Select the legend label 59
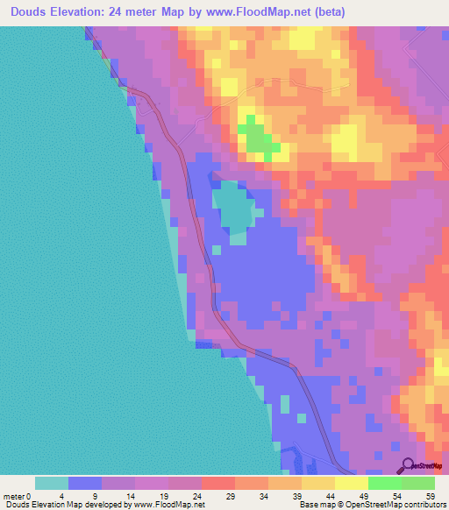pyautogui.click(x=430, y=495)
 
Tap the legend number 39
pyautogui.click(x=297, y=495)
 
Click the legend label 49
pyautogui.click(x=364, y=495)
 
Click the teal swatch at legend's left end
pyautogui.click(x=52, y=483)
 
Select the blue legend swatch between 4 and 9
pyautogui.click(x=85, y=483)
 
